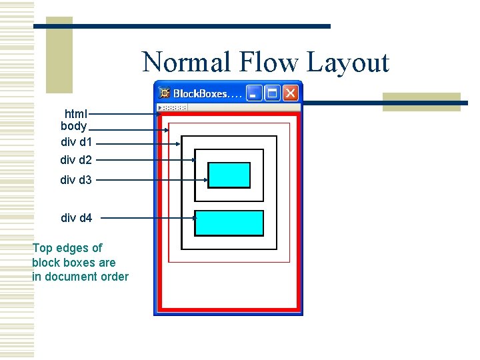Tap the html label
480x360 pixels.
click(x=76, y=113)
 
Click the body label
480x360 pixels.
click(x=73, y=125)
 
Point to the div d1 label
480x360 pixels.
click(x=77, y=142)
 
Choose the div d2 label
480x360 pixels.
click(x=77, y=160)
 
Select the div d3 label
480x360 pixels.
click(x=77, y=179)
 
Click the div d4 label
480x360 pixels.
click(x=77, y=217)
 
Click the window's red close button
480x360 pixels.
click(x=291, y=93)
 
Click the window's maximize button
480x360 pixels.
click(x=273, y=93)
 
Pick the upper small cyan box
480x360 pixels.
click(x=229, y=175)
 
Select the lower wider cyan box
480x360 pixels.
click(x=229, y=223)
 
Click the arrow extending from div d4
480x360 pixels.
click(x=147, y=218)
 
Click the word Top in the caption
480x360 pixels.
click(x=43, y=248)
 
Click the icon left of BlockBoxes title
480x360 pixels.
click(x=165, y=94)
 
